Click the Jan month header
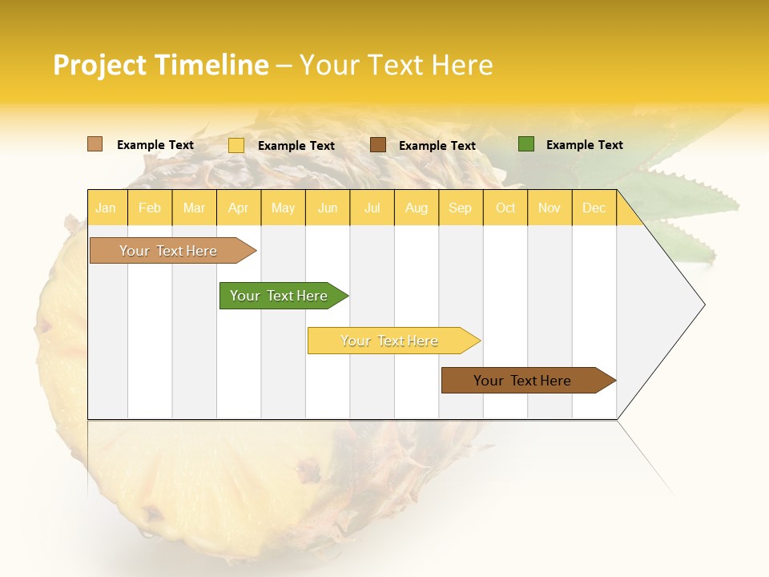[106, 208]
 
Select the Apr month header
[238, 208]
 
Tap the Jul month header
[372, 208]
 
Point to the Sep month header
[460, 208]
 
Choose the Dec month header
[594, 208]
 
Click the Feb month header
[150, 208]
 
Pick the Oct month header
[505, 208]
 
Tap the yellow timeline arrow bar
[390, 341]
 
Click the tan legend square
[95, 144]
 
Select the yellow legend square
[236, 145]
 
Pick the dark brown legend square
[378, 145]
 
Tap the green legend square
[525, 144]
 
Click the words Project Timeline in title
[161, 65]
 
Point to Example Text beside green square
[584, 145]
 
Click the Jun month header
[328, 208]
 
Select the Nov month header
[550, 208]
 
